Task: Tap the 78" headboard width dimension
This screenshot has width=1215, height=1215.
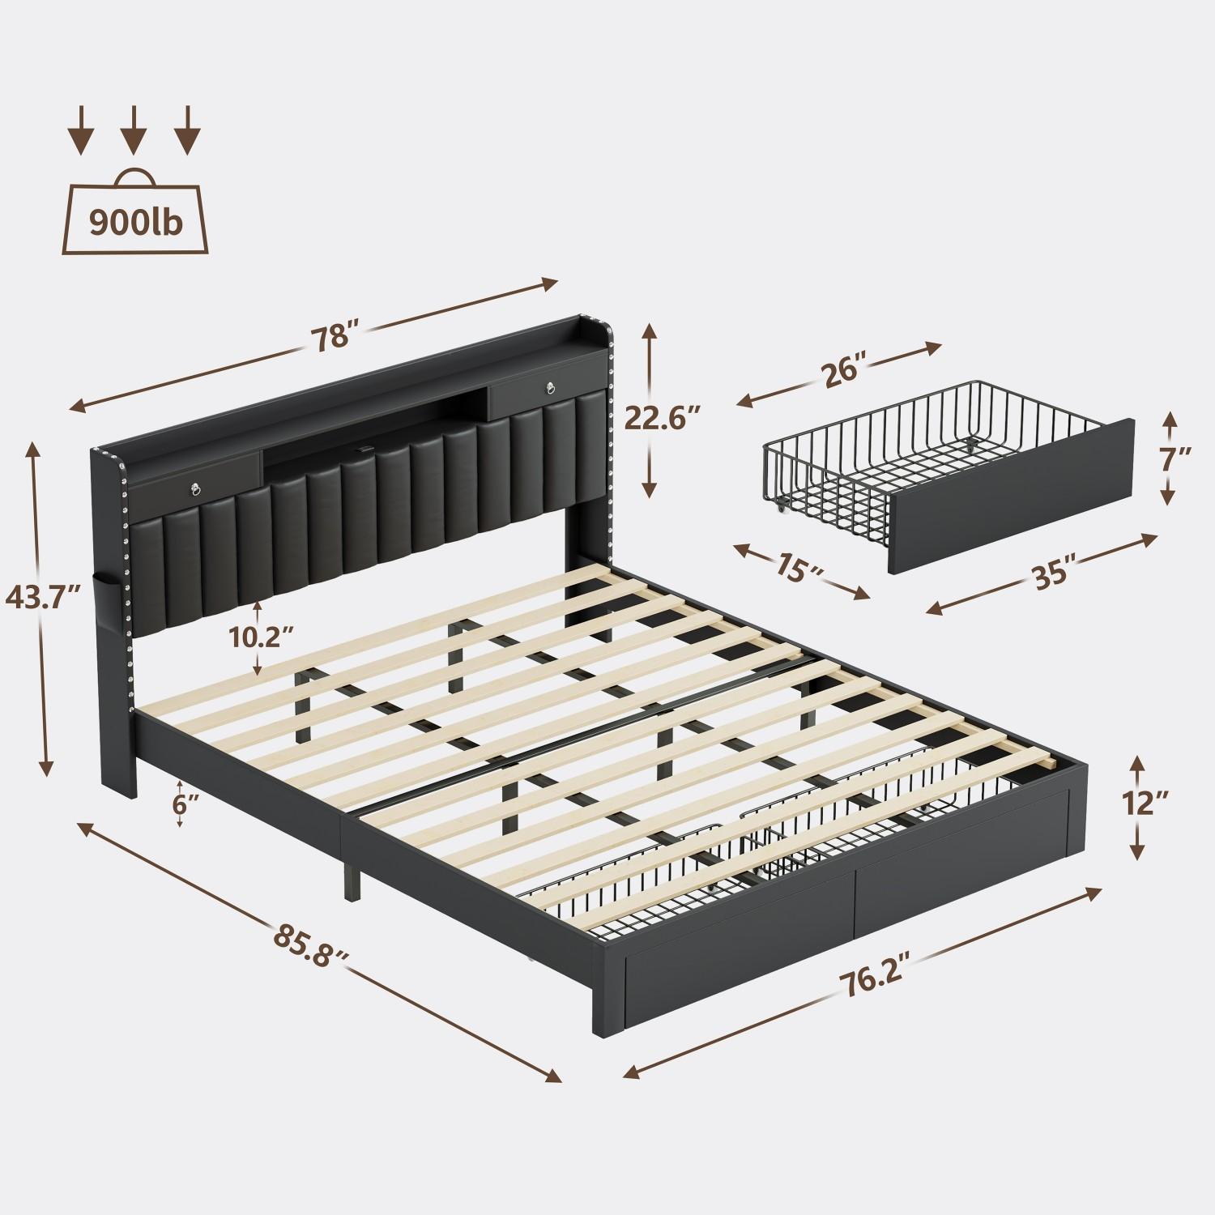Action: pyautogui.click(x=333, y=338)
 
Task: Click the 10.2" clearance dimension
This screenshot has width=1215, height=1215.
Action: pyautogui.click(x=259, y=637)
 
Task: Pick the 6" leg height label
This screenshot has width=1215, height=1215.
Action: pyautogui.click(x=186, y=804)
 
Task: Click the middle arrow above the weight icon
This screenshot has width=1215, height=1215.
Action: pyautogui.click(x=134, y=130)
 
